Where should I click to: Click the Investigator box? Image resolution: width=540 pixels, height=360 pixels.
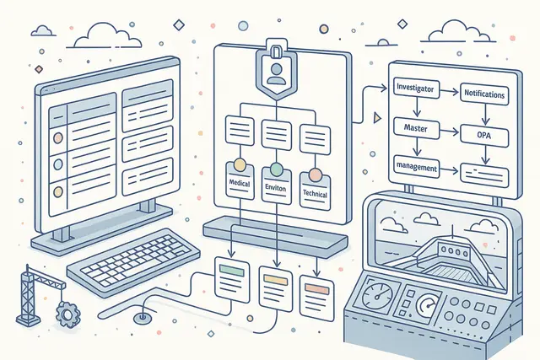click(x=416, y=89)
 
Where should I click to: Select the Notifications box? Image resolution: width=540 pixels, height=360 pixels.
click(x=484, y=93)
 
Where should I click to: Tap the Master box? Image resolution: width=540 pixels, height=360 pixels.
click(x=416, y=128)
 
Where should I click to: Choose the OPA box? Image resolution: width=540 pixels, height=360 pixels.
click(x=484, y=135)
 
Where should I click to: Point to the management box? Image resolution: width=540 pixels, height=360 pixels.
click(x=416, y=168)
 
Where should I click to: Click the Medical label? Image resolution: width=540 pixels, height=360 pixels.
click(x=240, y=183)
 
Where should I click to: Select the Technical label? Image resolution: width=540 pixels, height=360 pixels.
click(x=315, y=193)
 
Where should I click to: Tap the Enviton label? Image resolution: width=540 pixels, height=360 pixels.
click(x=276, y=188)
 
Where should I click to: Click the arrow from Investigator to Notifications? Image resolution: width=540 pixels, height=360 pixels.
click(x=450, y=92)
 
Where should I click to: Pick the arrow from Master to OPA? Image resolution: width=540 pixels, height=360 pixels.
click(x=450, y=132)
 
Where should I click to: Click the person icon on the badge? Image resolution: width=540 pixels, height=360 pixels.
click(x=277, y=73)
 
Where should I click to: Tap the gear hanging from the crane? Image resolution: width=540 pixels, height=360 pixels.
click(x=67, y=314)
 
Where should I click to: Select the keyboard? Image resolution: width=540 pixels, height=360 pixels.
click(x=133, y=262)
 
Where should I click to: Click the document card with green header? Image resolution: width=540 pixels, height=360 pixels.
click(x=232, y=279)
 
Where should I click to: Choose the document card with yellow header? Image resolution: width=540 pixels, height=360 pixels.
click(x=276, y=288)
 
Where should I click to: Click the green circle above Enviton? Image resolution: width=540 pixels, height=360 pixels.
click(x=276, y=169)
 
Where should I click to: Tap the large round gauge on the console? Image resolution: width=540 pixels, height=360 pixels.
click(x=377, y=295)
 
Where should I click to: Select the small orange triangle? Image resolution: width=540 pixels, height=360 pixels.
click(x=377, y=118)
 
